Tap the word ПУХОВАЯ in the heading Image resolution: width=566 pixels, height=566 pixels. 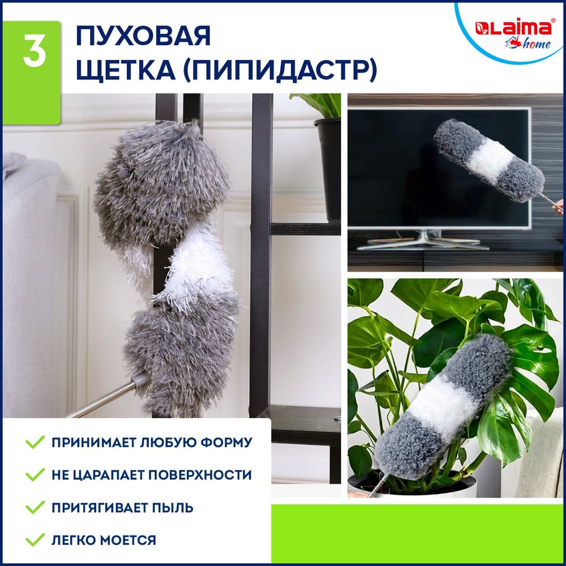tap(143, 36)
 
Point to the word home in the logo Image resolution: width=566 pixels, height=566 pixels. tap(537, 44)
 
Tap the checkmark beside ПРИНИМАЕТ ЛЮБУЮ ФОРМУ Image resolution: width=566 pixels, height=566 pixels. tap(35, 442)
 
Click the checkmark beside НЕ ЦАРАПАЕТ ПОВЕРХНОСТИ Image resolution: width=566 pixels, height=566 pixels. tap(35, 475)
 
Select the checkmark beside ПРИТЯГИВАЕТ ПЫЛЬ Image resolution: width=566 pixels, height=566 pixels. tap(35, 507)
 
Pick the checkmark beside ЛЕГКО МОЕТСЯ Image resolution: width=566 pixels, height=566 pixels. tap(35, 539)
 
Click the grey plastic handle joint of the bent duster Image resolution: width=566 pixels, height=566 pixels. tap(140, 380)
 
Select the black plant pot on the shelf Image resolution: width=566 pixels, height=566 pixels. tap(328, 168)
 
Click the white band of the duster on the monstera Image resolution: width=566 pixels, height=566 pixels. tap(441, 404)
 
